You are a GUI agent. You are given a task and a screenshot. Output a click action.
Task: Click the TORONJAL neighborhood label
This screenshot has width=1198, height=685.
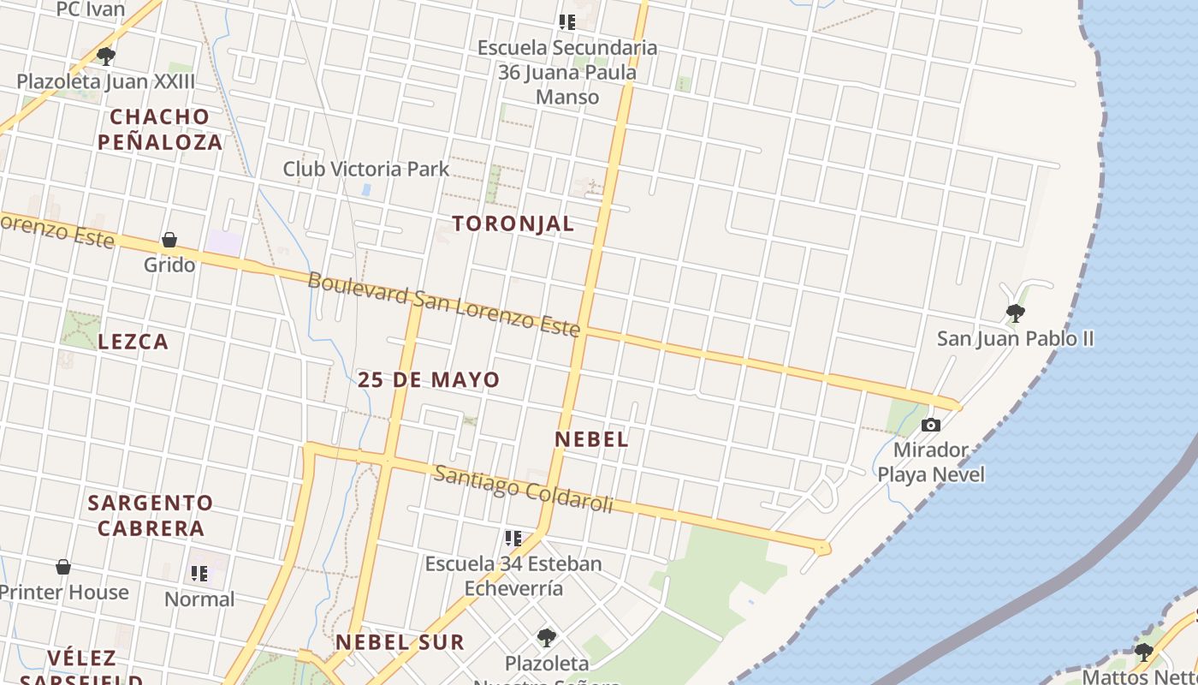click(x=513, y=223)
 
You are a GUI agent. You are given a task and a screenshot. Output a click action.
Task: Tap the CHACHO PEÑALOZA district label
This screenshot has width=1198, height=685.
click(x=160, y=129)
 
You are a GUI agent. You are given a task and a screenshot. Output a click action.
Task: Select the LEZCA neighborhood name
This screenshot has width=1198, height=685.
click(x=133, y=342)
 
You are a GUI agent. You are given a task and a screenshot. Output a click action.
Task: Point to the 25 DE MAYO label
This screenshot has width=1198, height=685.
click(x=429, y=379)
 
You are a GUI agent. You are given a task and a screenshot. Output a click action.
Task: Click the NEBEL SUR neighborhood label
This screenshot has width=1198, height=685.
click(x=400, y=642)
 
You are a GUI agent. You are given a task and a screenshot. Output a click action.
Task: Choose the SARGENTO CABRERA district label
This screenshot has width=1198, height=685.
click(x=151, y=515)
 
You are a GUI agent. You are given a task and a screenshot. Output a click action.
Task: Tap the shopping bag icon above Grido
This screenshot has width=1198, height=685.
click(x=169, y=240)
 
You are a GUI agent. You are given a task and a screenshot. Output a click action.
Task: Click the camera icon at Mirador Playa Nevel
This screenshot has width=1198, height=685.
click(x=930, y=425)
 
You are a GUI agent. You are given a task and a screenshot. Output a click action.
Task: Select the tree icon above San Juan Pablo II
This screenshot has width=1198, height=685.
click(x=1015, y=313)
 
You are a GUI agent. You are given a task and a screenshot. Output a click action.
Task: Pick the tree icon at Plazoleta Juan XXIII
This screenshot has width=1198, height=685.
click(x=106, y=57)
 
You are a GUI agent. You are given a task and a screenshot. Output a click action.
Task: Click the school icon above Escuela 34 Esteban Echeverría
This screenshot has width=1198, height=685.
click(x=513, y=539)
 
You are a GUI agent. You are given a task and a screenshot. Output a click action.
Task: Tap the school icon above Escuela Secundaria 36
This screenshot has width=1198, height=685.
click(x=566, y=22)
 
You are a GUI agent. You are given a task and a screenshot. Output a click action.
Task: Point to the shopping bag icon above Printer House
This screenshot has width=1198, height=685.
click(x=63, y=567)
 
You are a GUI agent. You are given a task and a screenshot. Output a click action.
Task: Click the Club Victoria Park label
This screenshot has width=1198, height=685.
click(x=366, y=169)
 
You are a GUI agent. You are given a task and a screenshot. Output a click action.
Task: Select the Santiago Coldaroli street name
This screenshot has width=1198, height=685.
click(x=523, y=490)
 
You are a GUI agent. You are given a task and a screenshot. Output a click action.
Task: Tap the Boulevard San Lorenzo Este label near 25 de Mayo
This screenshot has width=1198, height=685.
click(x=443, y=305)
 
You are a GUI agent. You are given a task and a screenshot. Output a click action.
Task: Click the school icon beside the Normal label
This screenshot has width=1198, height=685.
click(x=199, y=574)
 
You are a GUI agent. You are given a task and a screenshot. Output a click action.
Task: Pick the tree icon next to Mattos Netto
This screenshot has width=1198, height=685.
click(x=1143, y=652)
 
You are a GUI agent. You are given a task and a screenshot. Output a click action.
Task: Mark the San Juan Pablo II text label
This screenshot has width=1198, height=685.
click(x=1015, y=338)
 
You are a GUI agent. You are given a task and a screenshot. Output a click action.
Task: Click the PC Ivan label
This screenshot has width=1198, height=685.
click(x=90, y=10)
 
